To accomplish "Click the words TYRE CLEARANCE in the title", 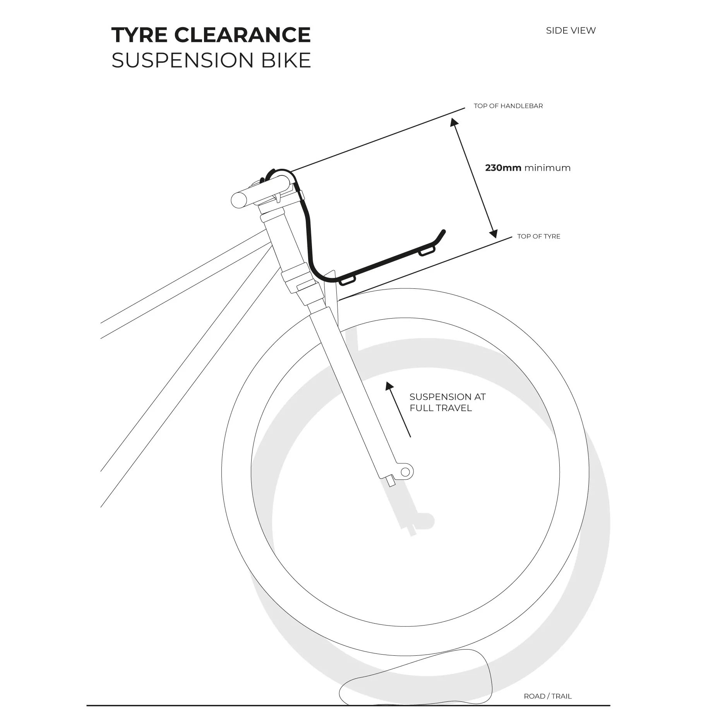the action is tap(211, 35).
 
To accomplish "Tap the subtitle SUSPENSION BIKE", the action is tap(211, 60).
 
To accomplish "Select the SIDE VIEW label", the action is tap(571, 31).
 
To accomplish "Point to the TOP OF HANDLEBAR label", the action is tap(508, 106).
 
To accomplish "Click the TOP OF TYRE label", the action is tap(539, 237).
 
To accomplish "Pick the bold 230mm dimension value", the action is tap(503, 168).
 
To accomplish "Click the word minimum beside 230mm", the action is tap(547, 168).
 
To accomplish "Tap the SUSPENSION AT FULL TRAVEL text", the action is tap(447, 402).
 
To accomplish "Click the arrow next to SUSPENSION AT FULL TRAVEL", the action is tap(398, 410).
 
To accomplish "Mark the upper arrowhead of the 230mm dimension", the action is tap(454, 122).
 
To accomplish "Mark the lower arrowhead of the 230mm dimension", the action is tap(494, 233).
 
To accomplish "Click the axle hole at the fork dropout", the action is tap(405, 472).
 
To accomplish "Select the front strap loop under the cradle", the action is tap(427, 252).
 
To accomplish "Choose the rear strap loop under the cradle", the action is tap(347, 280).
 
